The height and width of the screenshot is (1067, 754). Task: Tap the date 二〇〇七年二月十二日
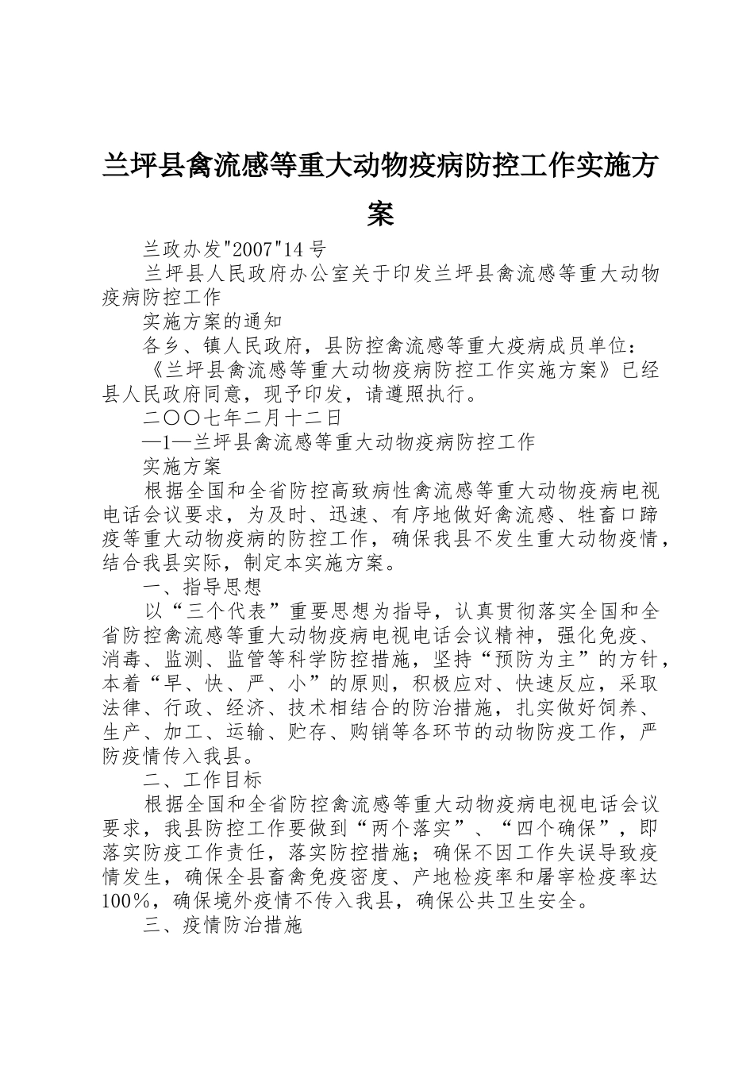point(242,418)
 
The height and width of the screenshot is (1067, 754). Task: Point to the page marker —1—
point(167,441)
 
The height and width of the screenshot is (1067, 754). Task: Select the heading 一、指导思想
point(202,587)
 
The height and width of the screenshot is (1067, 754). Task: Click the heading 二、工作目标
point(202,780)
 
